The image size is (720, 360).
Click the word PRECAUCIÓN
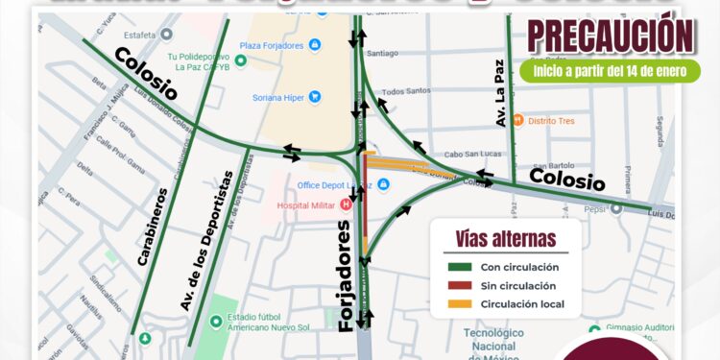(611, 36)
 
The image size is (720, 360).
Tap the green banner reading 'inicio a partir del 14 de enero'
(611, 70)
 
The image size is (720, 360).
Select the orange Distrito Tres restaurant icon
(517, 120)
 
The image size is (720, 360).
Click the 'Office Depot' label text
(328, 184)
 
